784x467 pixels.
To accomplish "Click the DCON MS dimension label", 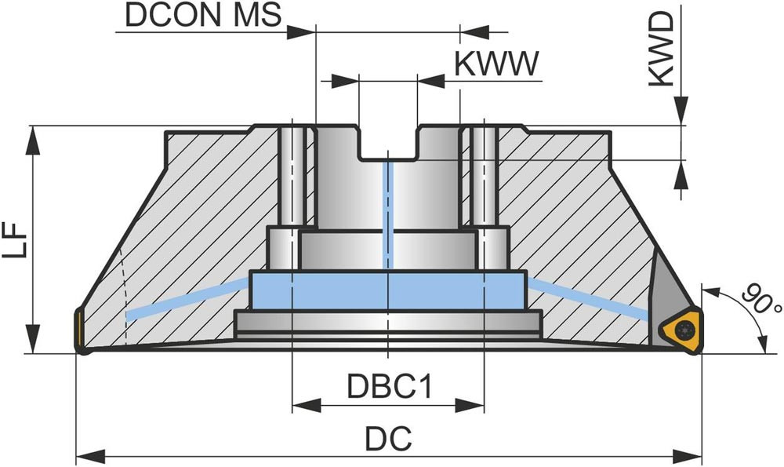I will (201, 16).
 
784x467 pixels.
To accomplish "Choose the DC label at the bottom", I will (387, 440).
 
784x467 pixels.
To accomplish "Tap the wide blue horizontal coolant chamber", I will (388, 290).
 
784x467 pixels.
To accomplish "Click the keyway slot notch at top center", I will (388, 146).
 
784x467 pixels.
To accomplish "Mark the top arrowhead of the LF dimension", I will (33, 137).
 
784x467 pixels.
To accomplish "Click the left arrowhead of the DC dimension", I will (86, 455).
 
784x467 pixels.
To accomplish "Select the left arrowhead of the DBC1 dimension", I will (302, 405).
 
